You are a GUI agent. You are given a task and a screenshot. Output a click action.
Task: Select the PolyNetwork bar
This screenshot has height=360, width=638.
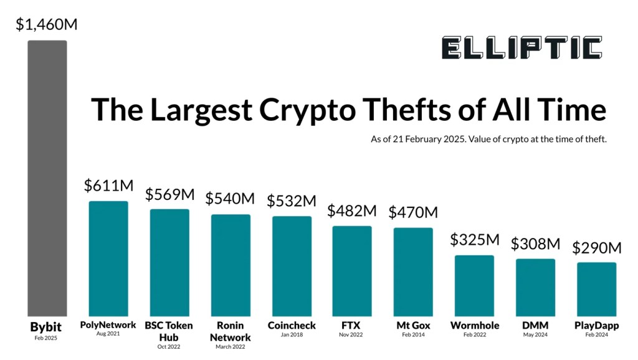(108, 258)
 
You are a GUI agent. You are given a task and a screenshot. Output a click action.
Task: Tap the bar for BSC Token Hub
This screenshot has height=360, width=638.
(169, 262)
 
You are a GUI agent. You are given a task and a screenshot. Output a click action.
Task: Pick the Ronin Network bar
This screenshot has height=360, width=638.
(231, 265)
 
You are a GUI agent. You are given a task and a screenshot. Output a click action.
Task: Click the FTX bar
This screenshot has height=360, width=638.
(352, 271)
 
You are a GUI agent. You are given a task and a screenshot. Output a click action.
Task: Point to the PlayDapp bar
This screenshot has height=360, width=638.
(596, 289)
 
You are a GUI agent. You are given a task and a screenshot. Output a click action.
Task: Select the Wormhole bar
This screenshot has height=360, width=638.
(474, 286)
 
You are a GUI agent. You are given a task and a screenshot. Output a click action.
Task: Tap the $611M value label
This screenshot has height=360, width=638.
(108, 186)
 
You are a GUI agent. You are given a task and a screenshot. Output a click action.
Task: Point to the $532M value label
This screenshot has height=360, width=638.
(292, 201)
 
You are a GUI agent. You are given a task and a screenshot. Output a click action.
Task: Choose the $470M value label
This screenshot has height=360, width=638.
(413, 212)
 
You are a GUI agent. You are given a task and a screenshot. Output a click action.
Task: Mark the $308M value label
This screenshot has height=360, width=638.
(535, 244)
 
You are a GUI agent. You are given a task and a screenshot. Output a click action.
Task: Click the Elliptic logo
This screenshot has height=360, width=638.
(521, 48)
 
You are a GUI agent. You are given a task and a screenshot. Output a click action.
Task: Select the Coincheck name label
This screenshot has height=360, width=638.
(292, 326)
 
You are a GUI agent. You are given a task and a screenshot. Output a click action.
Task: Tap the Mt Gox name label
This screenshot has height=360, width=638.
(413, 326)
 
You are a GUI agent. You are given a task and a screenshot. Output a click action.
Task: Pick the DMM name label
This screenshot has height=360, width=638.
(535, 326)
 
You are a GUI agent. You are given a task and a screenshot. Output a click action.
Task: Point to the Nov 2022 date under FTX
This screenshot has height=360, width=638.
(352, 334)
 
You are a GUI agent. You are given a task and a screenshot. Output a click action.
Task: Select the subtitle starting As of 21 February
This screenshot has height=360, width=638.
(488, 140)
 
